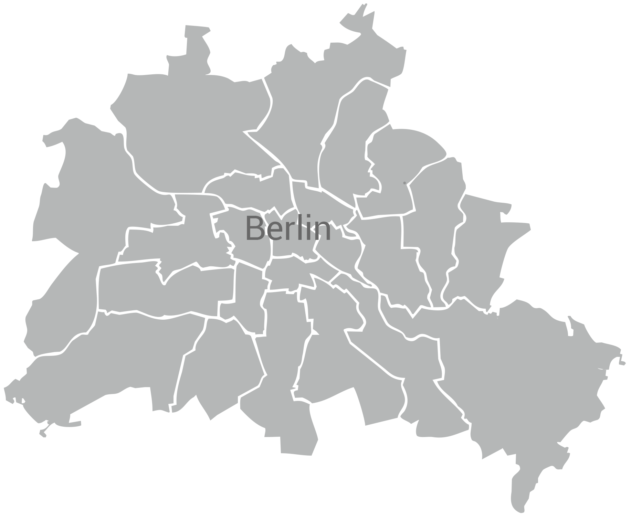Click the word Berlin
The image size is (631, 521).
click(x=288, y=228)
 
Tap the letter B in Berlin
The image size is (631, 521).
click(x=255, y=228)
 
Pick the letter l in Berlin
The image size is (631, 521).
click(x=302, y=227)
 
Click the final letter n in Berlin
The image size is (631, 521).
click(x=323, y=231)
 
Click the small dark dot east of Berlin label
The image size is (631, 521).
click(x=404, y=183)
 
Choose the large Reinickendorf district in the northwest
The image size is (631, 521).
click(x=193, y=131)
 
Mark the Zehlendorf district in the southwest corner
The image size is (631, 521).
click(x=114, y=365)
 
